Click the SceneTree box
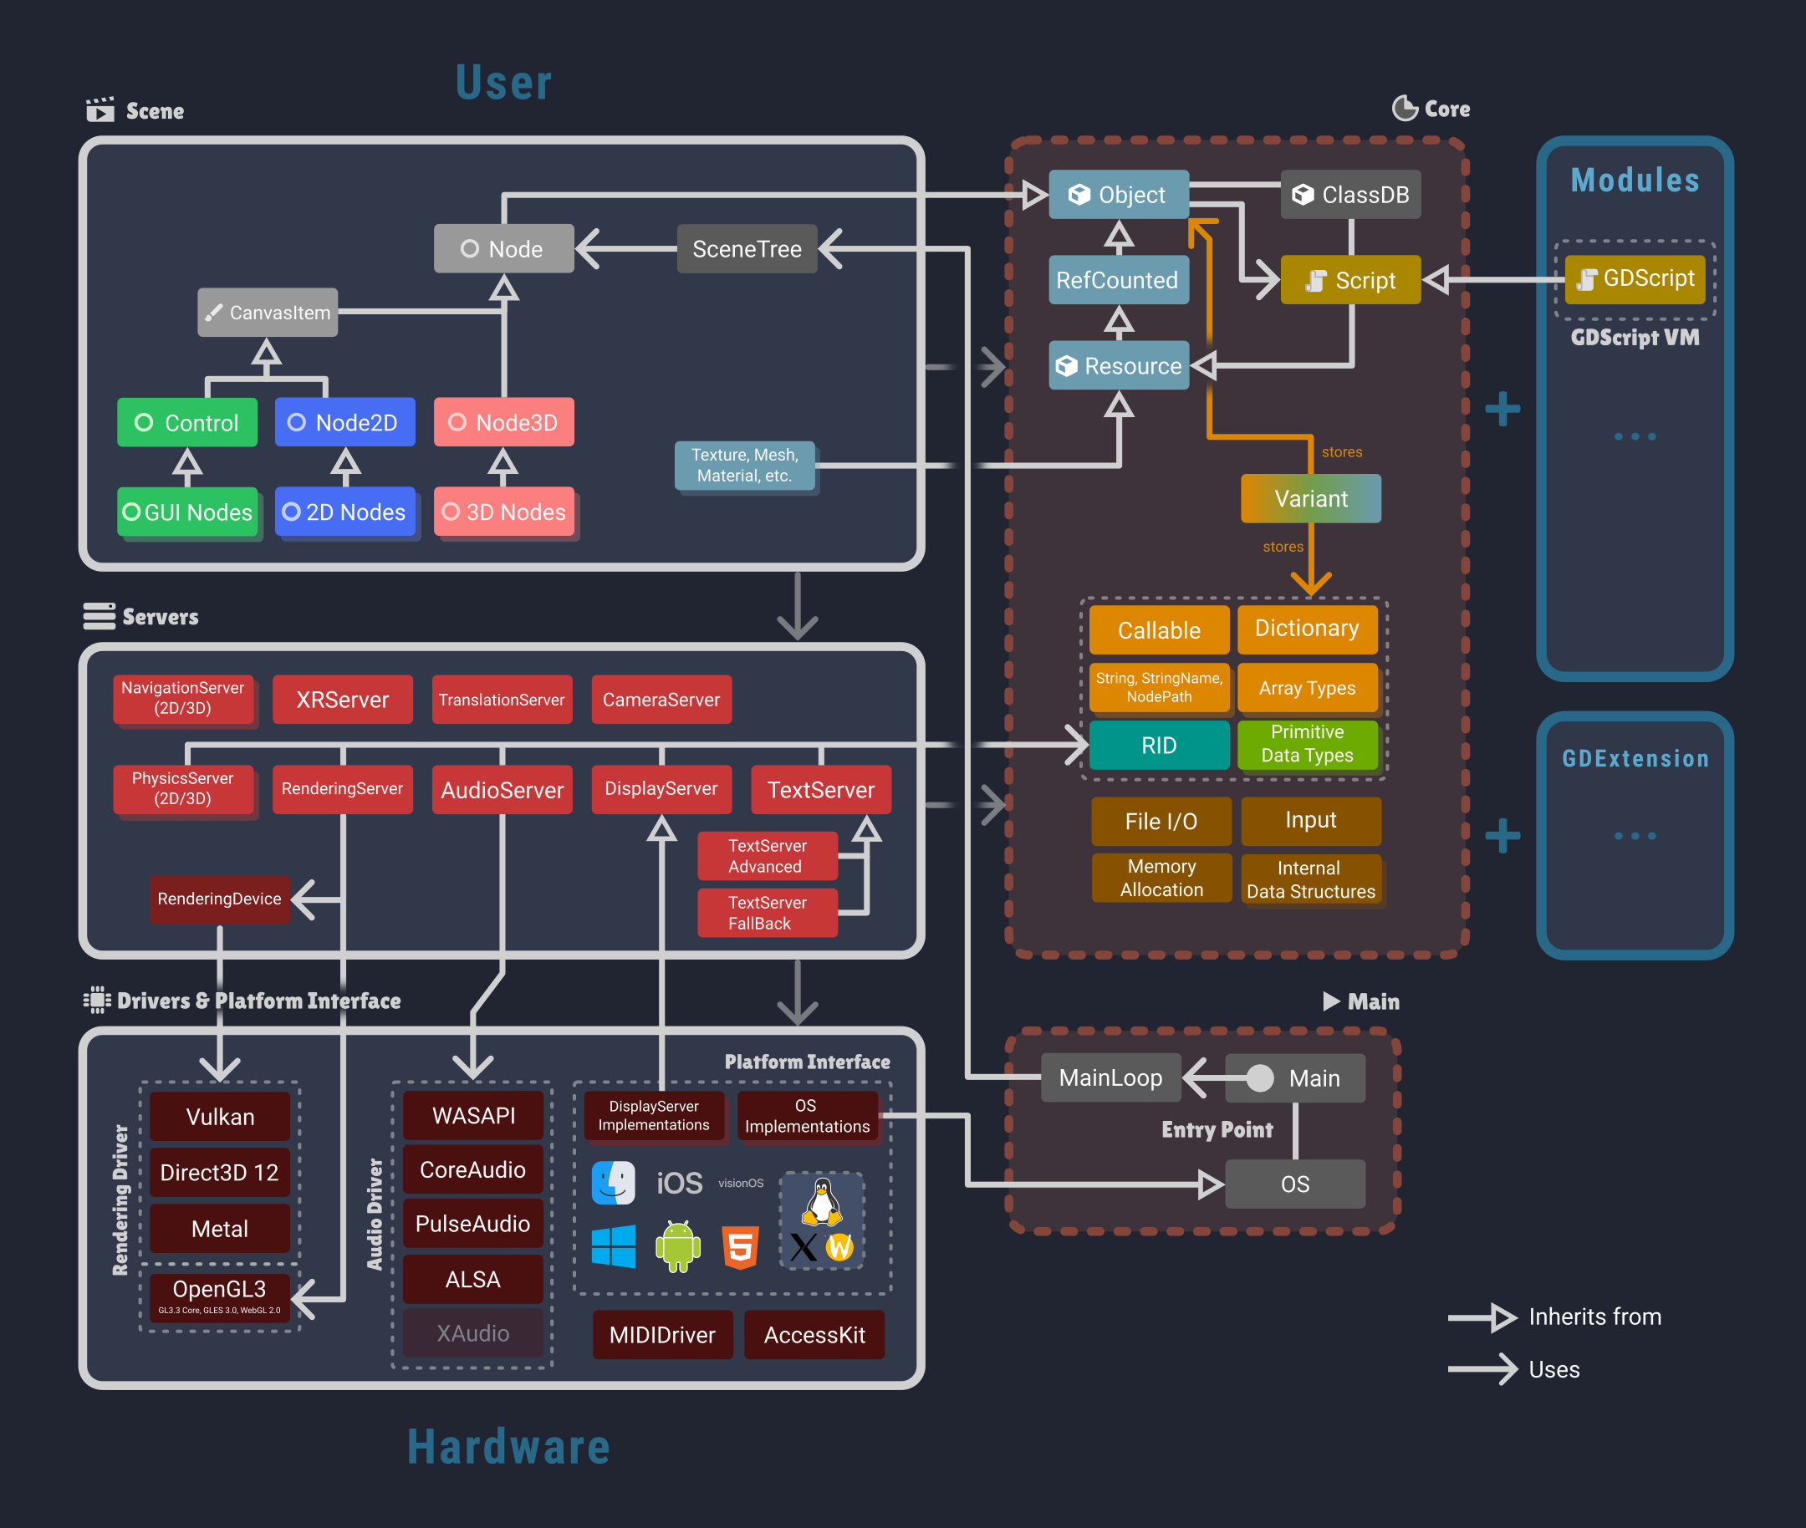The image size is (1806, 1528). point(746,248)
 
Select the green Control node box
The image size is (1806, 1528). point(187,423)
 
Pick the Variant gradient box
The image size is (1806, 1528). point(1310,499)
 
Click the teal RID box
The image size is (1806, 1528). point(1159,746)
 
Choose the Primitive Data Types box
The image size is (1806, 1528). point(1307,744)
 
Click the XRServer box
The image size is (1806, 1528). point(342,700)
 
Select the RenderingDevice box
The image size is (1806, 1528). point(219,899)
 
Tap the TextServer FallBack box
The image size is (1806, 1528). point(767,913)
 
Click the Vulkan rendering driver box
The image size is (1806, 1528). point(219,1117)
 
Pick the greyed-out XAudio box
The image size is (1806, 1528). point(472,1333)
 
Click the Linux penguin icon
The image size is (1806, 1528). point(822,1202)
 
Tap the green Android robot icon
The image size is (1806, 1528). point(678,1246)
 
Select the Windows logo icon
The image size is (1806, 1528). point(614,1246)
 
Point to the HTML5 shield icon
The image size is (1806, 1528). point(741,1247)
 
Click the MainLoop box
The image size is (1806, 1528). point(1110,1077)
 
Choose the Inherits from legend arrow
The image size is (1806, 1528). point(1482,1317)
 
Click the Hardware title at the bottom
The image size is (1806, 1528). point(508,1447)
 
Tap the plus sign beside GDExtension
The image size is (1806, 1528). point(1502,836)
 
